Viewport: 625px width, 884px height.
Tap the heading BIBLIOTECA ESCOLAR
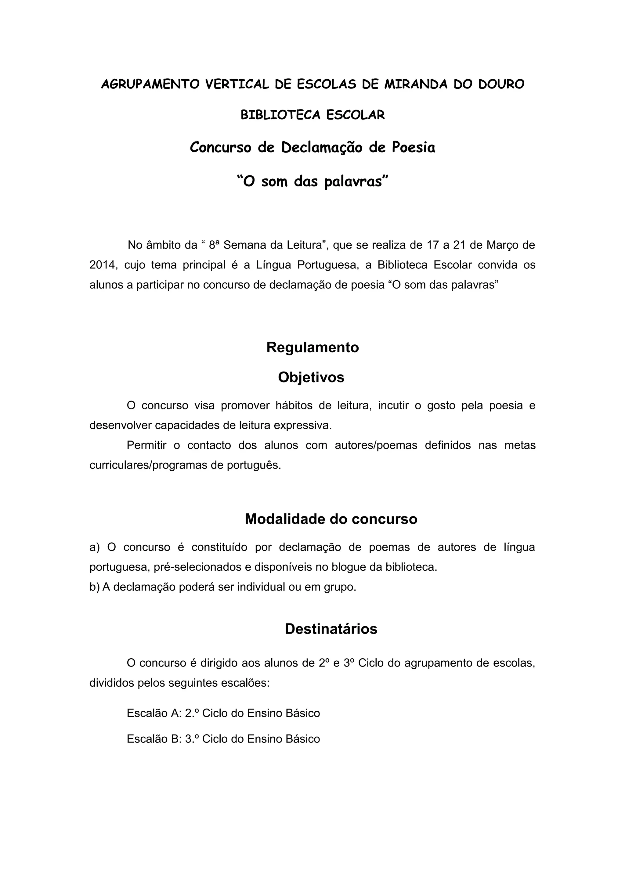(x=312, y=115)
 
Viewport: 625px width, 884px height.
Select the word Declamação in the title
(x=322, y=147)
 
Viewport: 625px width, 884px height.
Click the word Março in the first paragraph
(x=500, y=245)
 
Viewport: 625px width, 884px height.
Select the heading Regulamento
(x=312, y=347)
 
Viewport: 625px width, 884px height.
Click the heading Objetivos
(x=311, y=377)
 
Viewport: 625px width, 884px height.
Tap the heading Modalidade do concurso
(x=331, y=519)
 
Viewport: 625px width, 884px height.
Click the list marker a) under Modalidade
(x=94, y=548)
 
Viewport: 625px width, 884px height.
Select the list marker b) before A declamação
(x=94, y=587)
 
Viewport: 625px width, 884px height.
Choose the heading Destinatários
(x=331, y=629)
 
